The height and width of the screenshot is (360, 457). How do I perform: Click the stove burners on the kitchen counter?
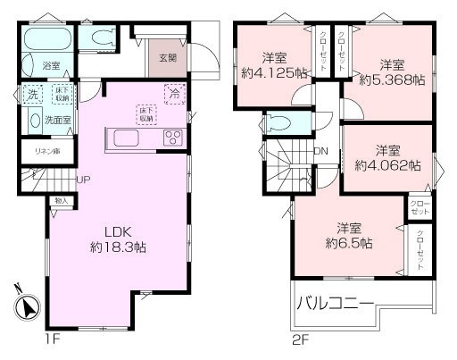tap(171, 138)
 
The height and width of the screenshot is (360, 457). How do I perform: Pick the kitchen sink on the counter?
tap(123, 138)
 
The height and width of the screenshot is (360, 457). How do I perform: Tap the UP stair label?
tap(83, 179)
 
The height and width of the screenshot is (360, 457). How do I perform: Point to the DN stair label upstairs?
tap(320, 151)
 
